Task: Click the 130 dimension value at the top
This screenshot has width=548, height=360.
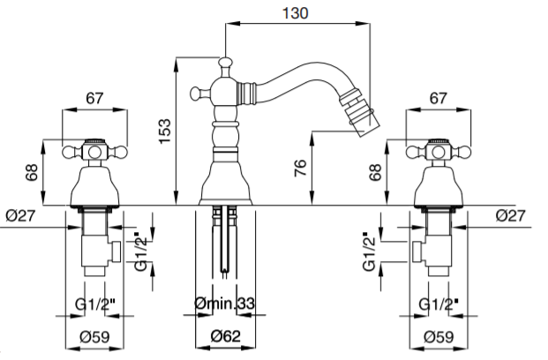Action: (296, 13)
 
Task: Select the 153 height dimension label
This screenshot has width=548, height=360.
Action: (165, 131)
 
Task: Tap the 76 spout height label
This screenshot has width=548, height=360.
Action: (301, 168)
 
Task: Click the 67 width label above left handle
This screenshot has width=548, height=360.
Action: (94, 98)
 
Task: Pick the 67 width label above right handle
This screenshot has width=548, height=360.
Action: (439, 98)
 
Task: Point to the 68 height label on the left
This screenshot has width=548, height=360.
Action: (32, 172)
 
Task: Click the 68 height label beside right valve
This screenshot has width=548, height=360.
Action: (375, 172)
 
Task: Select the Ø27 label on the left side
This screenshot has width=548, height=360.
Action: (20, 215)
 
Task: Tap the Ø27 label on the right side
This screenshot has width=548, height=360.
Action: (511, 215)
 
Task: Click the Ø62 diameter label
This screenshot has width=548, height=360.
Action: (226, 336)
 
